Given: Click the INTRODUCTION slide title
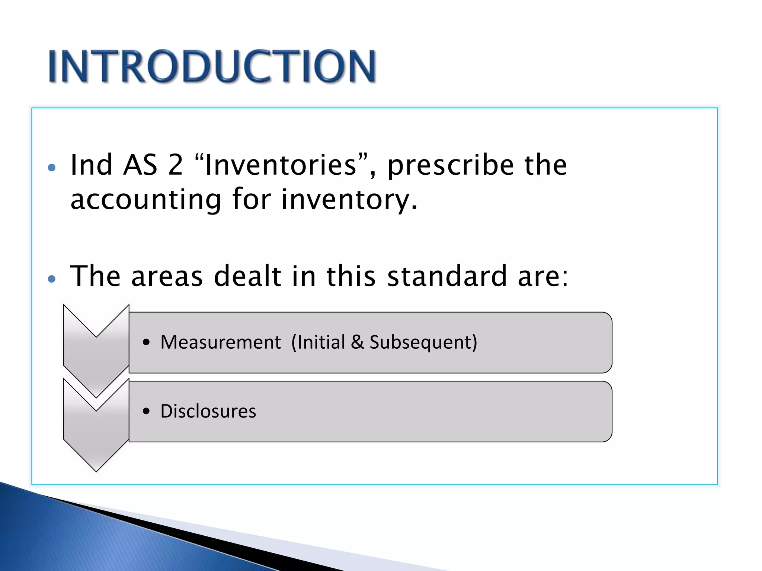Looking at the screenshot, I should coord(212,66).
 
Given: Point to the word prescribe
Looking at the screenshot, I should coord(451,165).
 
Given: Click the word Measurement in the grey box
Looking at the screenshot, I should coord(220,342).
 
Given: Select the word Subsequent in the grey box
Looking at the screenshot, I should coord(423,342).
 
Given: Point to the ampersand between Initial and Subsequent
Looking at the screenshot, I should coord(357,342).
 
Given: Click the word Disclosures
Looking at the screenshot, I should coord(208,411).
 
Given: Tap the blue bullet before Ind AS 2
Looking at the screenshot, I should coord(52,168).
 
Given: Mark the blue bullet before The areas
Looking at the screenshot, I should coord(52,279).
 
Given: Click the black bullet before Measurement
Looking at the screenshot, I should coord(146,342).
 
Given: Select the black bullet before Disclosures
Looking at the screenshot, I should coord(146,411).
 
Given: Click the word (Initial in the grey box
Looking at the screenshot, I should coord(318,342).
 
